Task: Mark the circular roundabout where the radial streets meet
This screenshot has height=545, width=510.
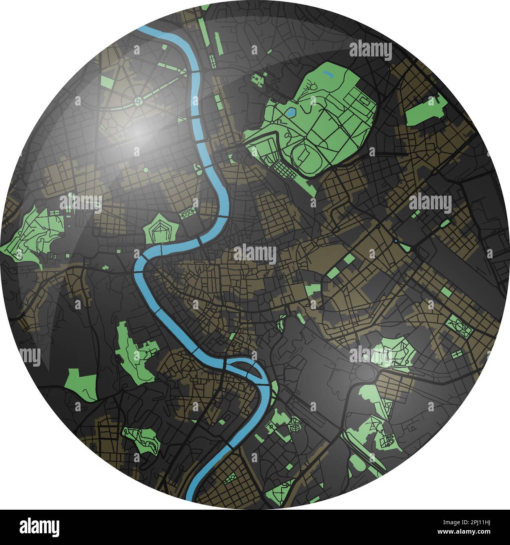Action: (x=138, y=102)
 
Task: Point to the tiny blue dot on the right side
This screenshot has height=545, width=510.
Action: (x=396, y=241)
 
